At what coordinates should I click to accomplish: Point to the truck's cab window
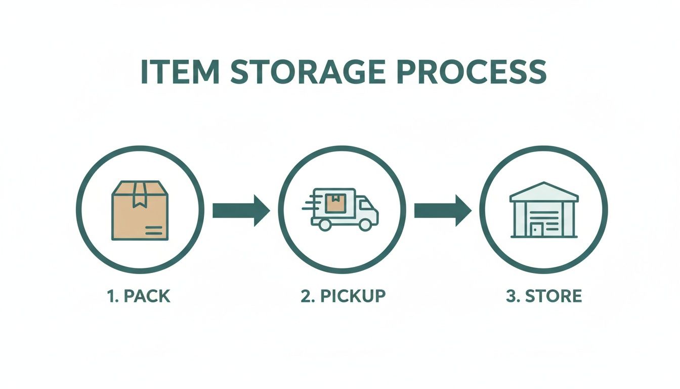pyautogui.click(x=364, y=205)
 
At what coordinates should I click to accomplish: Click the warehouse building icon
pyautogui.click(x=543, y=210)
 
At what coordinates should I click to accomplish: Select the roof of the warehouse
pyautogui.click(x=543, y=191)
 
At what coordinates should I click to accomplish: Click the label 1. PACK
pyautogui.click(x=139, y=296)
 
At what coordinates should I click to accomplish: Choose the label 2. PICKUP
pyautogui.click(x=343, y=296)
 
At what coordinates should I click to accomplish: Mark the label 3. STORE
pyautogui.click(x=543, y=296)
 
